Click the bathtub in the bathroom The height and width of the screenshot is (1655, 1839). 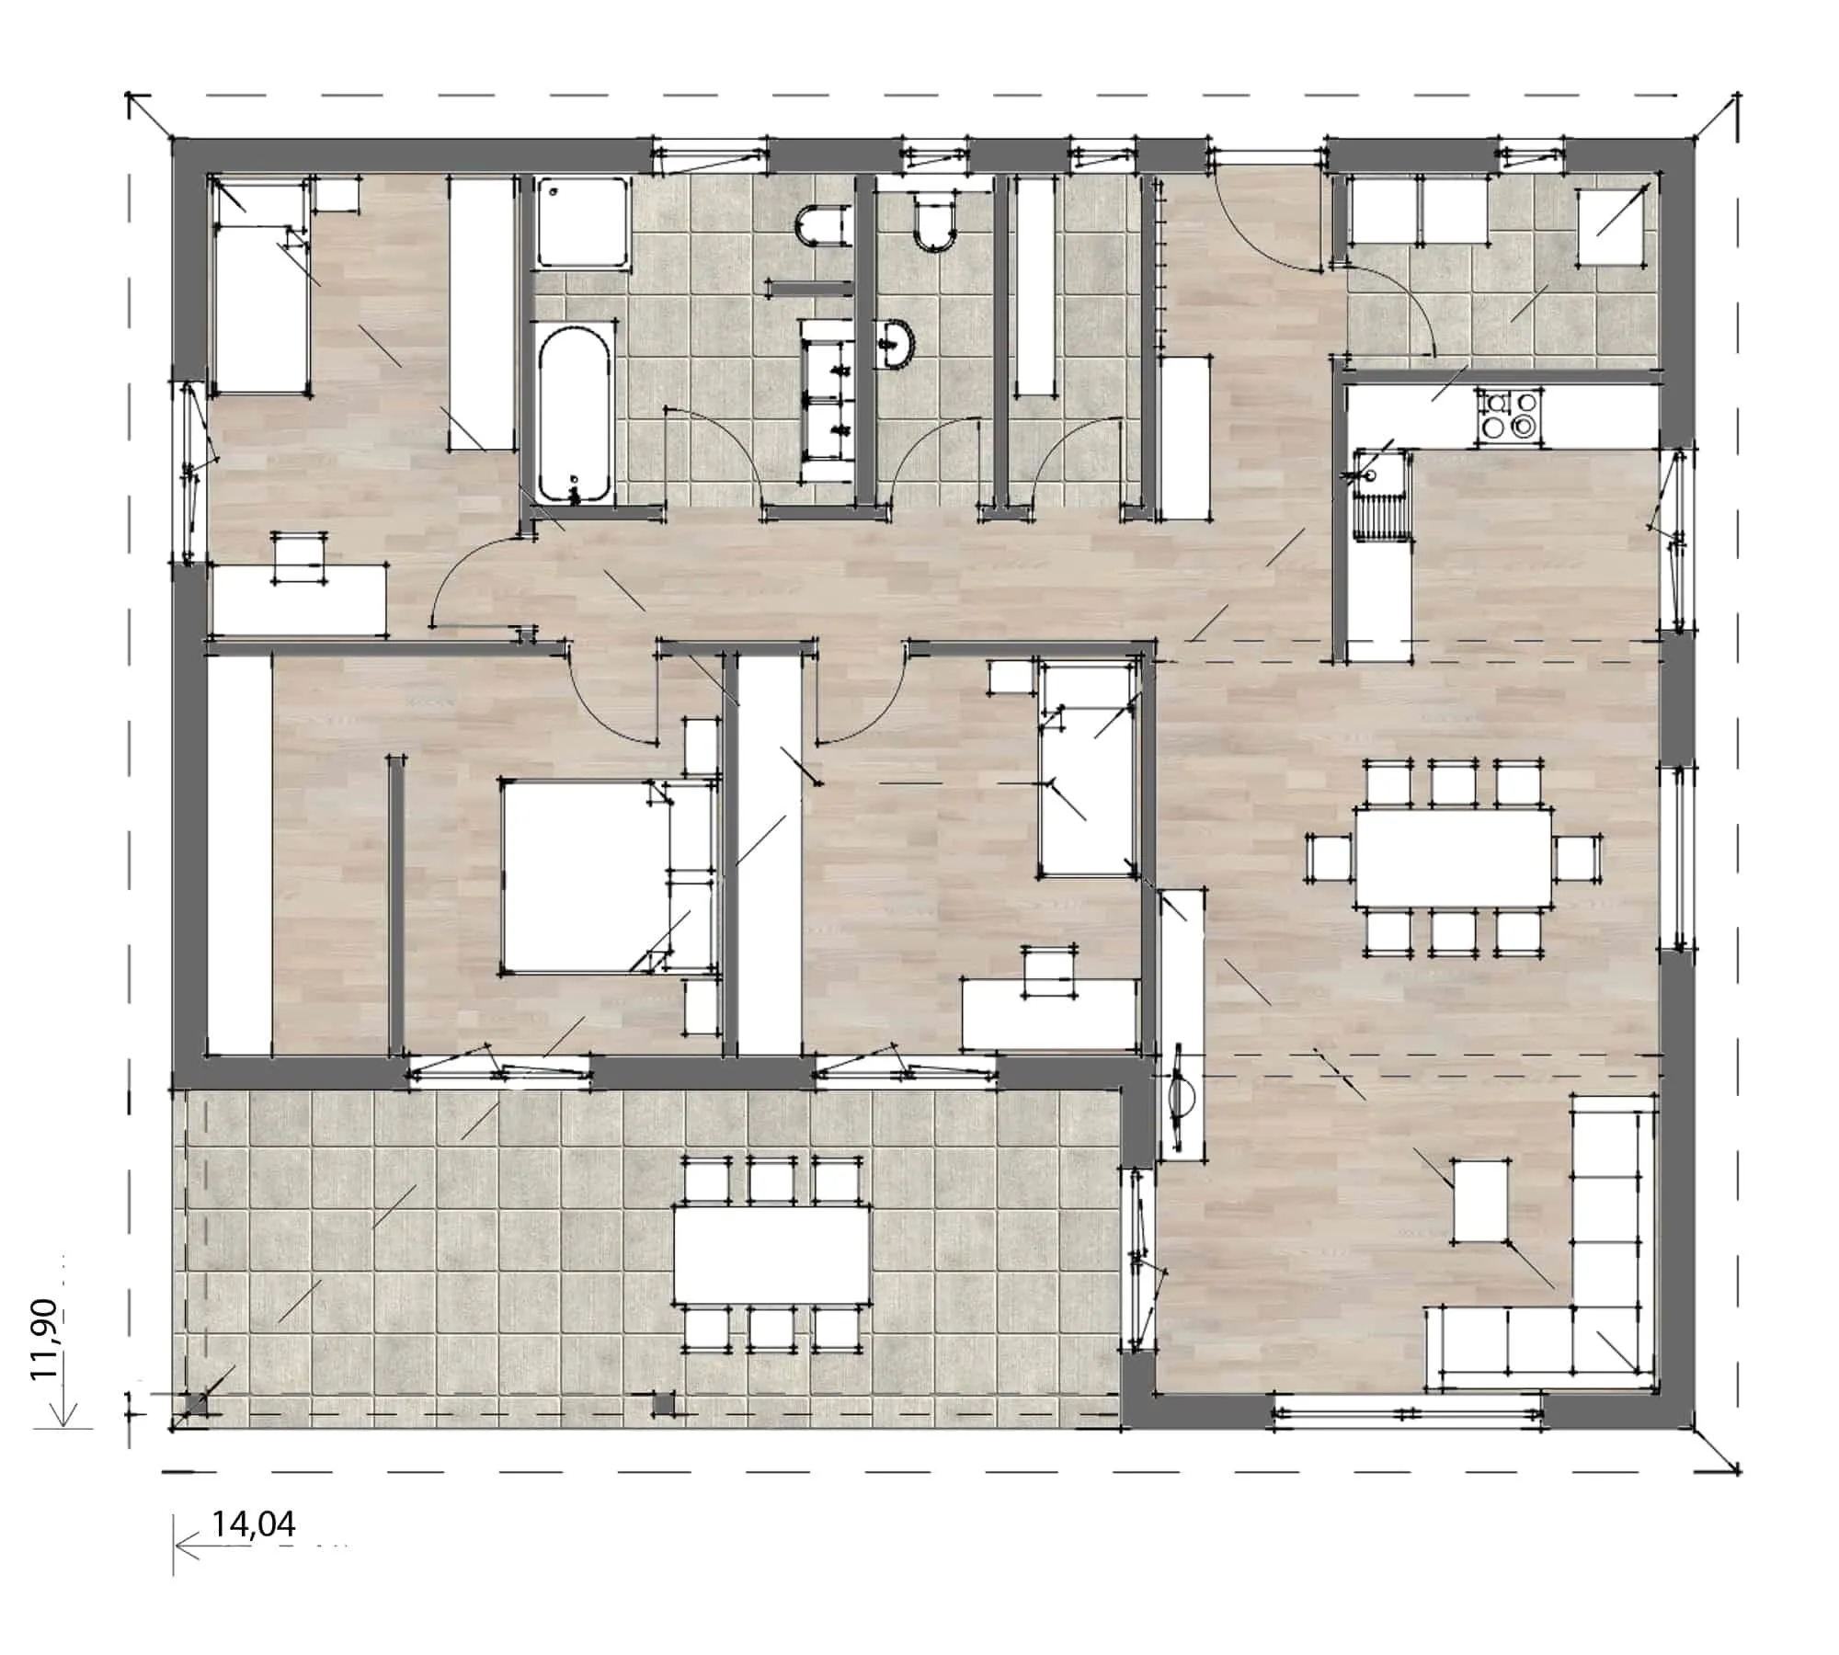[x=575, y=413]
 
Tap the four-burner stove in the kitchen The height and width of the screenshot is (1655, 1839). [x=1507, y=415]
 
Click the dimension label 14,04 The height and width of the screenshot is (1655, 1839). [x=254, y=1524]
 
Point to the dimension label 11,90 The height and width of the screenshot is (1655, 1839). [x=45, y=1340]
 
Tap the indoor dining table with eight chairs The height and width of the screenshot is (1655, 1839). [x=1453, y=856]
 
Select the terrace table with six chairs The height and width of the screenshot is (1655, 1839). [x=771, y=1253]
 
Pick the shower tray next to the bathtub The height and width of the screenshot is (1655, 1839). [x=583, y=223]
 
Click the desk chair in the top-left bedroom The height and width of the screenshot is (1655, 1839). [x=301, y=557]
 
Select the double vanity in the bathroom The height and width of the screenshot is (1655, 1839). [x=829, y=400]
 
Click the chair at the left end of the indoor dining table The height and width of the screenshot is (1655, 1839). [x=1330, y=857]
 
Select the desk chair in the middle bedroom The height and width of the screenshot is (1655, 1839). [x=1049, y=972]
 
